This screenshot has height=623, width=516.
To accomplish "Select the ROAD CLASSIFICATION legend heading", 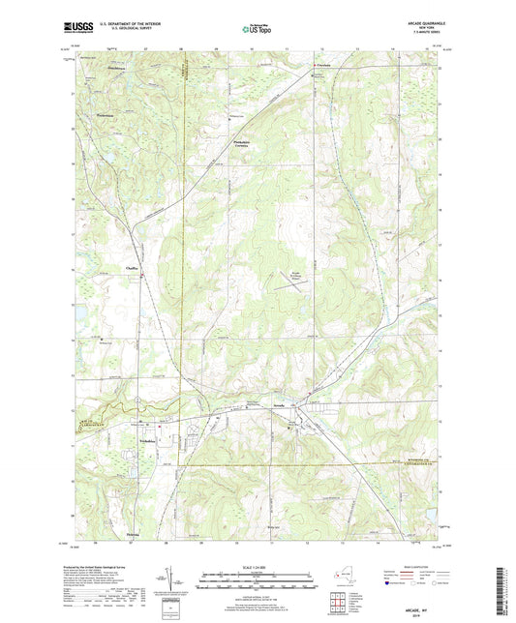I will [426, 568].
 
